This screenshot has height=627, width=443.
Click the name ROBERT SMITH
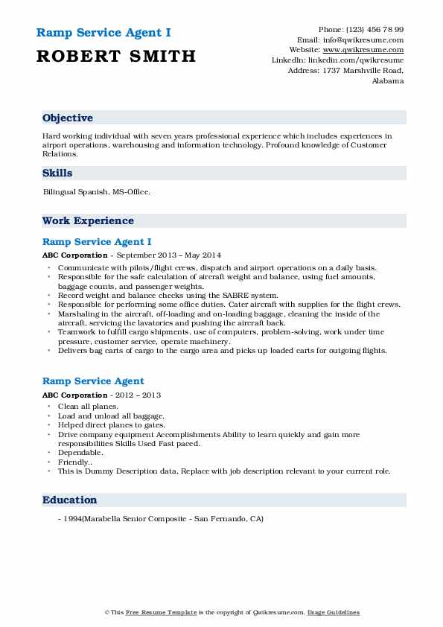coord(116,56)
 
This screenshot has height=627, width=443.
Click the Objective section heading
coord(68,118)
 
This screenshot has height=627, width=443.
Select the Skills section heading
coord(57,174)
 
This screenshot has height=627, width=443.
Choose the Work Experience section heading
coord(88,221)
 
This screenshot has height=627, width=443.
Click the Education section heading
coord(70,500)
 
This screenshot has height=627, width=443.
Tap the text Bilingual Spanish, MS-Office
coord(97,192)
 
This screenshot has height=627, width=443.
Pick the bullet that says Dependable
coord(80,453)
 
